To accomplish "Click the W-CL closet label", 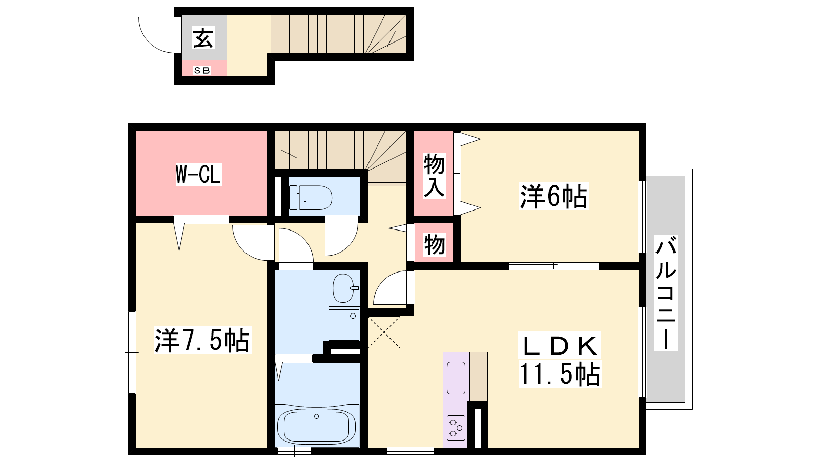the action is tap(199, 174).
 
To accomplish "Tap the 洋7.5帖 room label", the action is tap(202, 340).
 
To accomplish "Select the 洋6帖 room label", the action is tap(553, 196).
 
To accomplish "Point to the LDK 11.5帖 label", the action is tap(560, 360).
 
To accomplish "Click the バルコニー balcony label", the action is tap(666, 293).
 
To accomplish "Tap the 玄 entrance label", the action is tap(203, 38).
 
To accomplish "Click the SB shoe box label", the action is tap(202, 70).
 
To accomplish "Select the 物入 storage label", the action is tap(434, 176).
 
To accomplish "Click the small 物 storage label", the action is tap(435, 244).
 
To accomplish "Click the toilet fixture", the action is tap(311, 198).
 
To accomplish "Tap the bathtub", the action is tap(317, 426).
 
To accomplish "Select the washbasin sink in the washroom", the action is tap(344, 288).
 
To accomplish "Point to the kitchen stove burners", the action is tap(456, 428).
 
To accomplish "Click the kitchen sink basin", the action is tap(456, 378).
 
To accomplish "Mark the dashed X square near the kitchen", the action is tap(384, 332).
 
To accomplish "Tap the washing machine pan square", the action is tap(344, 325).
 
